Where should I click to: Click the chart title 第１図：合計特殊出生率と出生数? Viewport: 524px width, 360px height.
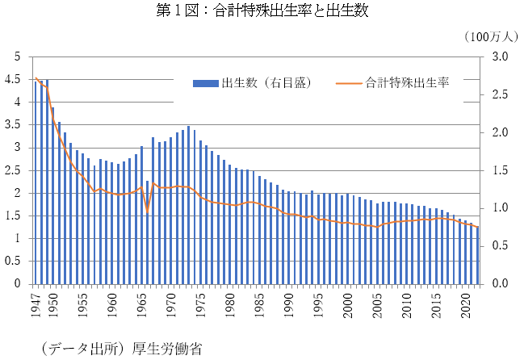(x=261, y=10)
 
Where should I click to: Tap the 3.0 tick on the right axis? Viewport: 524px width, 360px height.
(x=500, y=57)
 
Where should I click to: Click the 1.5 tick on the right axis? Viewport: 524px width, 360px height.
(x=500, y=170)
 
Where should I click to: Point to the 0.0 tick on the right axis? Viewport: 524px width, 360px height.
(x=500, y=284)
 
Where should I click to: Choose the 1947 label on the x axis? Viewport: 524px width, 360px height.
(x=36, y=302)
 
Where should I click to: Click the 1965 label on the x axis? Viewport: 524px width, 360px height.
(x=141, y=302)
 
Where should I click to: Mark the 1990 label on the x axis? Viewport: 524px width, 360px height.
(x=288, y=302)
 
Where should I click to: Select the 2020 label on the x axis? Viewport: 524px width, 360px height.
(x=464, y=302)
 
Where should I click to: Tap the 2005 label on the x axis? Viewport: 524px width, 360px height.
(x=376, y=302)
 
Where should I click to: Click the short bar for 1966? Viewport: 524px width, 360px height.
(x=147, y=234)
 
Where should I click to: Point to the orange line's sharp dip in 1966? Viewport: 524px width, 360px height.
(x=147, y=212)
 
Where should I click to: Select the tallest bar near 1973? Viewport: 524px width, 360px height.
(x=188, y=206)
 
